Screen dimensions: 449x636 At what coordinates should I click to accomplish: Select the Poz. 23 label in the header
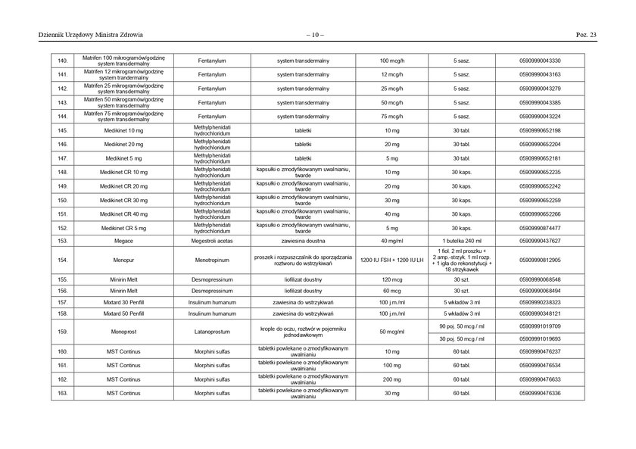click(x=587, y=35)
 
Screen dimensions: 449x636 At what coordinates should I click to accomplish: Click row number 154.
click(x=63, y=260)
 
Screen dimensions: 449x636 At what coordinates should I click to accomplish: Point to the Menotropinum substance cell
click(x=212, y=260)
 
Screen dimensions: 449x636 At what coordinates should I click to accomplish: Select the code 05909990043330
click(x=540, y=60)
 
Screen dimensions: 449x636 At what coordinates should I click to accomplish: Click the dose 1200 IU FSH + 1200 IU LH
click(x=391, y=260)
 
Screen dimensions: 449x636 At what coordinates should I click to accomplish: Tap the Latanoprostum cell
click(x=212, y=332)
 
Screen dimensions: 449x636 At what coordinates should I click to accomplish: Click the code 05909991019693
click(x=540, y=338)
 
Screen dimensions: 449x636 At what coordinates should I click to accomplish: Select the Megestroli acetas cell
click(x=212, y=241)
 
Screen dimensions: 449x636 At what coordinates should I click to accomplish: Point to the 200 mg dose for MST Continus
click(x=391, y=379)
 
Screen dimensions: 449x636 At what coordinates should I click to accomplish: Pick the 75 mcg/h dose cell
click(x=391, y=117)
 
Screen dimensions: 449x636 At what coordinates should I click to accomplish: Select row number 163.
click(x=63, y=394)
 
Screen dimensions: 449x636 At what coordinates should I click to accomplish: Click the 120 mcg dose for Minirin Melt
click(x=391, y=279)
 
